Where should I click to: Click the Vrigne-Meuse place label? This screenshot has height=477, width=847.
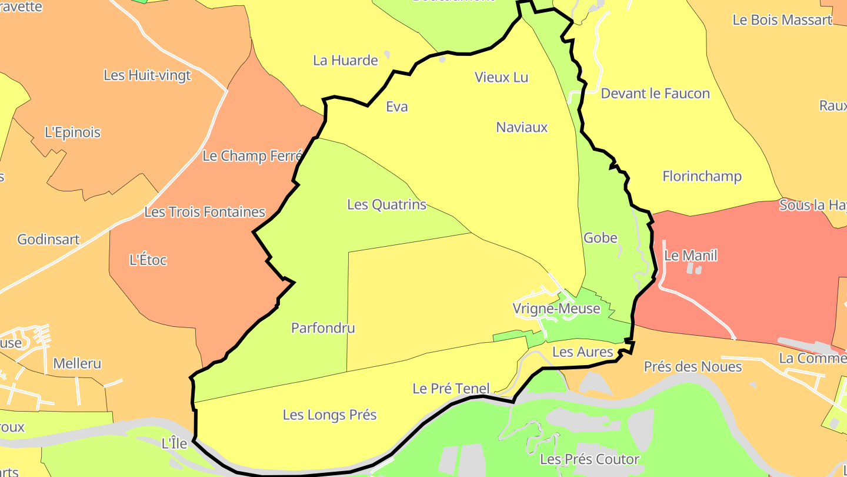[x=556, y=309]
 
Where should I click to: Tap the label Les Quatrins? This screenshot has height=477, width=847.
[x=386, y=204]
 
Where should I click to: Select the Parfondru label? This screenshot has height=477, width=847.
[x=323, y=328]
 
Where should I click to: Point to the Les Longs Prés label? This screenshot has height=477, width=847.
[x=329, y=415]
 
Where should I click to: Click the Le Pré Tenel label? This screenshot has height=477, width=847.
[x=451, y=389]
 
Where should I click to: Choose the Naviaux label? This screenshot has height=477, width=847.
[x=522, y=127]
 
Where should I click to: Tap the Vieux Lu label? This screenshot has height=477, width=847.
[x=501, y=77]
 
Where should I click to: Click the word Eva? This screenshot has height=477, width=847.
[x=396, y=107]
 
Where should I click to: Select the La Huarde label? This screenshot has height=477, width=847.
[x=345, y=60]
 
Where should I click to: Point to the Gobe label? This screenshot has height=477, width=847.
[x=600, y=238]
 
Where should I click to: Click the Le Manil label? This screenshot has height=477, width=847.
[x=691, y=256]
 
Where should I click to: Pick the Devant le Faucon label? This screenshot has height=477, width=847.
[x=655, y=93]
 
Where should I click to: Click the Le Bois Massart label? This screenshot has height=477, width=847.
[x=782, y=19]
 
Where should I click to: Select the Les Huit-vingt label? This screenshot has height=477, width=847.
[x=147, y=75]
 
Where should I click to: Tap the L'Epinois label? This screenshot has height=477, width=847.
[x=72, y=132]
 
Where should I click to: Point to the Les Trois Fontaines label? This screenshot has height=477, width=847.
[x=205, y=212]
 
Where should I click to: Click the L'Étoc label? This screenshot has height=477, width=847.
[x=148, y=260]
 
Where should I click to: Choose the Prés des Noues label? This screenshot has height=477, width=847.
[x=693, y=367]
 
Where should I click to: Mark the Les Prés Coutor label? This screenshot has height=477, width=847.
[x=589, y=459]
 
